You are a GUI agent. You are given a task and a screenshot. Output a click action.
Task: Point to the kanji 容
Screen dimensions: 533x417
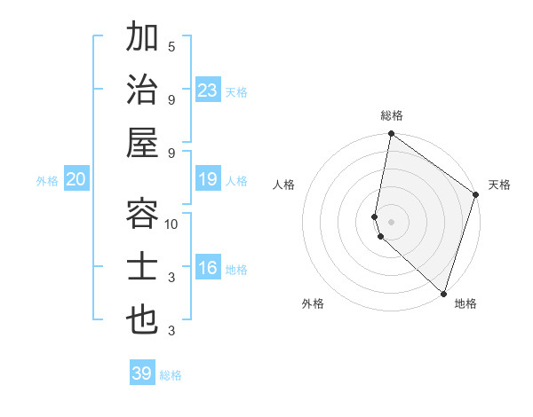pyautogui.click(x=142, y=213)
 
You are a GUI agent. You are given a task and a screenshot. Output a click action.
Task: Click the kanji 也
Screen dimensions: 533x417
pyautogui.click(x=142, y=319)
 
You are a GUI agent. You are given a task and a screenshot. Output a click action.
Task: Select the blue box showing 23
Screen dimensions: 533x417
pyautogui.click(x=207, y=90)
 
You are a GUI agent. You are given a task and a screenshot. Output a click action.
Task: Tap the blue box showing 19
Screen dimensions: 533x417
pyautogui.click(x=207, y=180)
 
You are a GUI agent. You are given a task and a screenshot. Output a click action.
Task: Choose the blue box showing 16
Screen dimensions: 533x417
pyautogui.click(x=207, y=269)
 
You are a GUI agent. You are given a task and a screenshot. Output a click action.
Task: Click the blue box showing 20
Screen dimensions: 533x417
pyautogui.click(x=76, y=180)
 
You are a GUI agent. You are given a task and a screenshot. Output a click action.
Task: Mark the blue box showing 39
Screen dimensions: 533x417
pyautogui.click(x=141, y=374)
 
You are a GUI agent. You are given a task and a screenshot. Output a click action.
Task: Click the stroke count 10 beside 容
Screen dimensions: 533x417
pyautogui.click(x=171, y=224)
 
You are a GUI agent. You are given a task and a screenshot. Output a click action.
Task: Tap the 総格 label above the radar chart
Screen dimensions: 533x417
pyautogui.click(x=392, y=115)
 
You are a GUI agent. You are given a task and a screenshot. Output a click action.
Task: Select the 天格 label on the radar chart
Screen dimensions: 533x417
pyautogui.click(x=499, y=185)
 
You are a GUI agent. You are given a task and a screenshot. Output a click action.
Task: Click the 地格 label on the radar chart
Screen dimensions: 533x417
pyautogui.click(x=465, y=303)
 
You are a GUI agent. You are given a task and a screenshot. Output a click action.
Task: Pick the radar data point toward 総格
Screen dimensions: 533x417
pyautogui.click(x=391, y=135)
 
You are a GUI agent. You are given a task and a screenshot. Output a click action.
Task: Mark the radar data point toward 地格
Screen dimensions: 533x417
pyautogui.click(x=443, y=294)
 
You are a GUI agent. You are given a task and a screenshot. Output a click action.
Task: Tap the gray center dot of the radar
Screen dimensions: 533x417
pyautogui.click(x=392, y=221)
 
